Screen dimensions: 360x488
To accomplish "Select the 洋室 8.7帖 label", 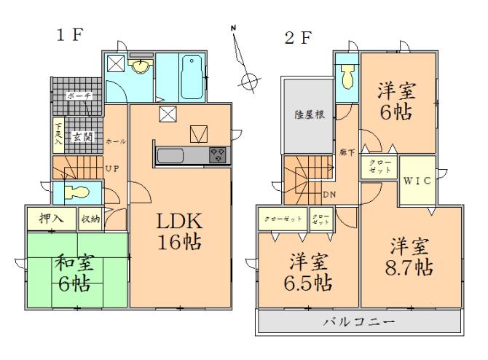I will (x=409, y=256).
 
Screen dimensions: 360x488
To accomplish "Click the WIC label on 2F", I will (x=417, y=180).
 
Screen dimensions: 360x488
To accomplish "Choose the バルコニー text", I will (x=359, y=321).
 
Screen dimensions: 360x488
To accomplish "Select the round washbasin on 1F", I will (x=139, y=68).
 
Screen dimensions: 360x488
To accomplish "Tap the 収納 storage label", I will (x=90, y=217).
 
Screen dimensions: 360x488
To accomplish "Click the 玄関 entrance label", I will (x=80, y=136).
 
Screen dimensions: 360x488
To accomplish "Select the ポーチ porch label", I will (x=77, y=96).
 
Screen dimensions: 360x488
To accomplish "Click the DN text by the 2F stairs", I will (x=329, y=195).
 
